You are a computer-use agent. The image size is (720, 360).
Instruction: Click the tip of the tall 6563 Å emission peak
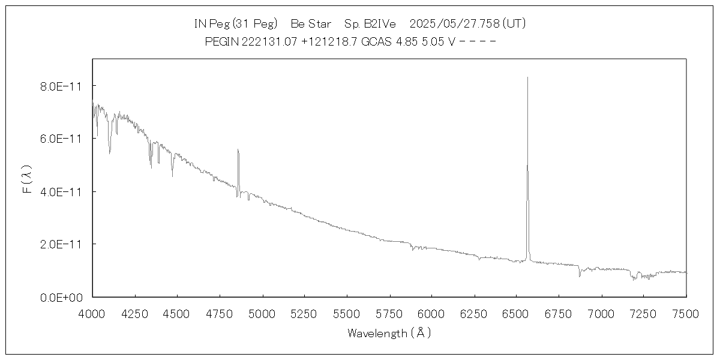527,77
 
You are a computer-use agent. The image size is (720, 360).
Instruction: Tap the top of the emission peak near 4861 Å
238,149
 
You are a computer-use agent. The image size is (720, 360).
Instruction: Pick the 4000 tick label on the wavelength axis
92,313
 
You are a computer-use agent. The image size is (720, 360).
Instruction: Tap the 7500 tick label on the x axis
686,313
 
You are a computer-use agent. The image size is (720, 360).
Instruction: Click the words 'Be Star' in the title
311,24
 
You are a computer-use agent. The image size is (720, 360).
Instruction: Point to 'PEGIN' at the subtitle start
221,41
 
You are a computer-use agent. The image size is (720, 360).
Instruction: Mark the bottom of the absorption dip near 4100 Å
109,153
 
